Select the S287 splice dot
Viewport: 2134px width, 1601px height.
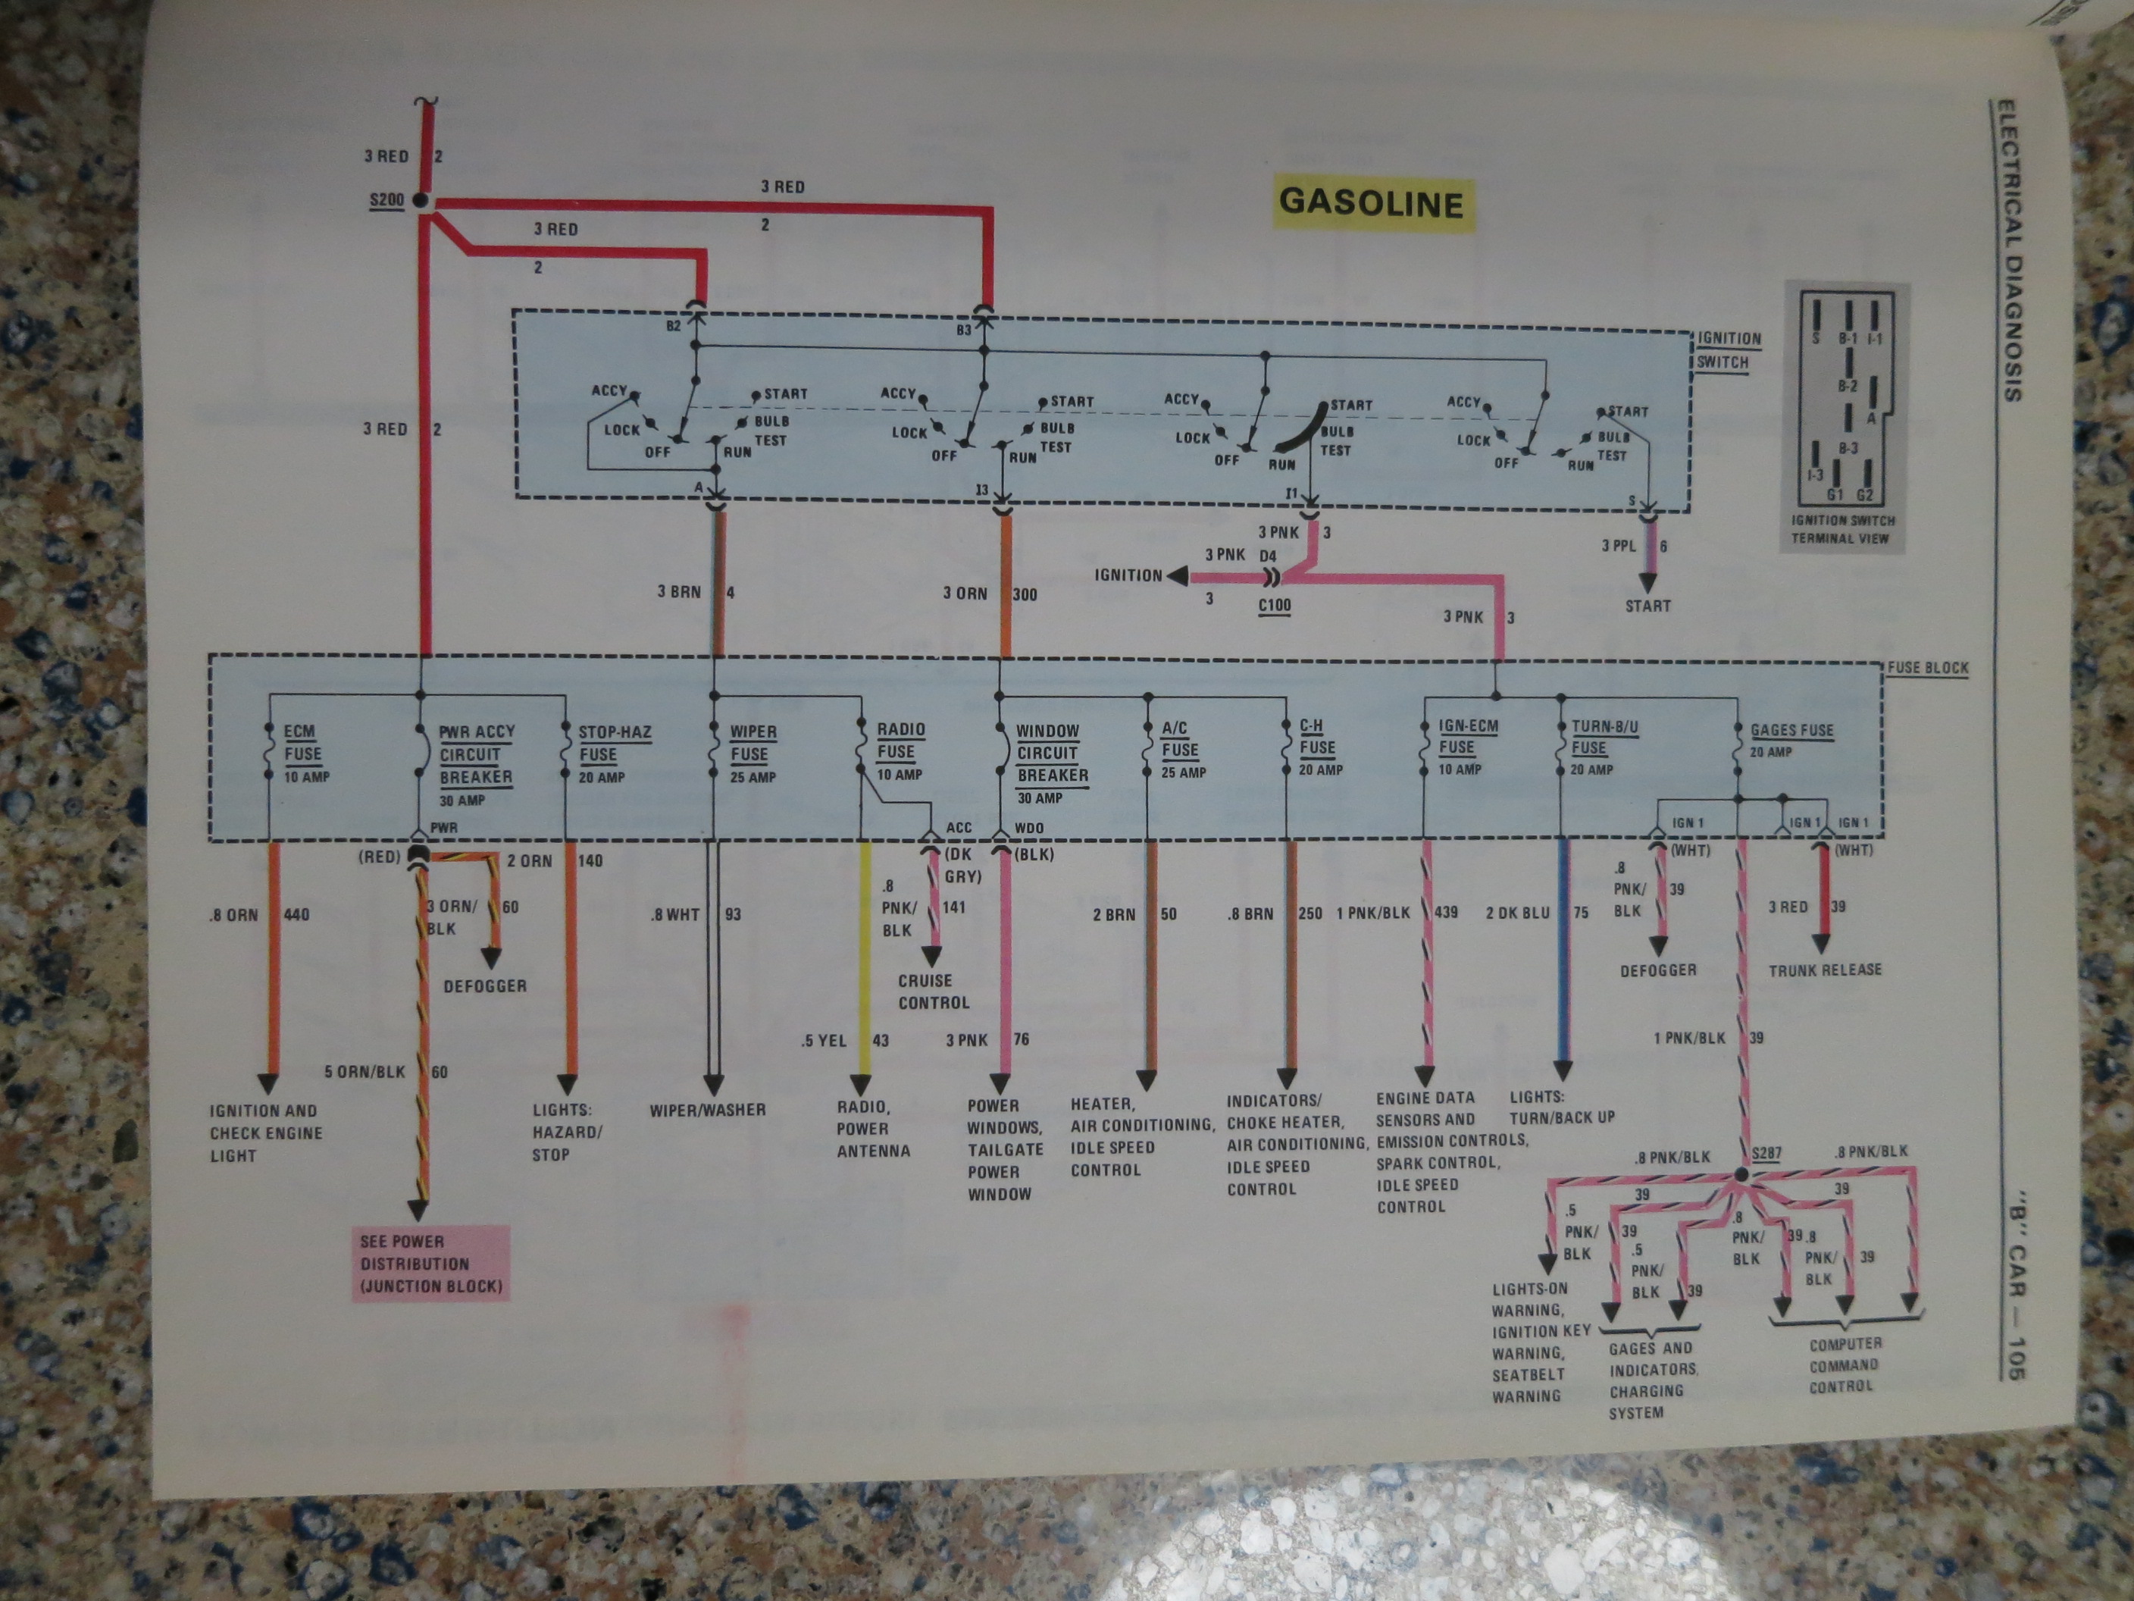pyautogui.click(x=1741, y=1173)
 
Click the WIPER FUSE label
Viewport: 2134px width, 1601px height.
pyautogui.click(x=753, y=754)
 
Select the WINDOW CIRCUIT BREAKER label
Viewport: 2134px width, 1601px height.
pyautogui.click(x=1052, y=764)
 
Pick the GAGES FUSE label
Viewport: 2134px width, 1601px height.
pyautogui.click(x=1791, y=740)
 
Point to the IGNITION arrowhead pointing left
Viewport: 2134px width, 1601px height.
pyautogui.click(x=1178, y=576)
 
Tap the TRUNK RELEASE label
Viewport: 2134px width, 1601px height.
pyautogui.click(x=1824, y=970)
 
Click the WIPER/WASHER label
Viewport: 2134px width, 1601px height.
pyautogui.click(x=707, y=1111)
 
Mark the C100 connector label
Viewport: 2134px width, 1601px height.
pyautogui.click(x=1275, y=606)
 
